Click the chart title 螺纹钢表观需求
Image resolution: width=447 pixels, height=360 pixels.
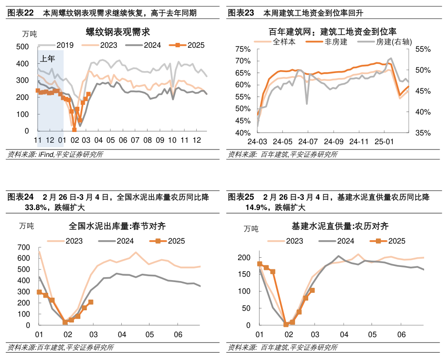[117, 32]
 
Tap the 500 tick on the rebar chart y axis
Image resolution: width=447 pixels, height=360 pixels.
[22, 47]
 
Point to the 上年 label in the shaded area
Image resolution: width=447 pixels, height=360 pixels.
[47, 58]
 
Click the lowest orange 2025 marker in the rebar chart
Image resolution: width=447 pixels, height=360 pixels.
[74, 130]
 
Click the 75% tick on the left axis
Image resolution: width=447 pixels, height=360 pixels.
[242, 49]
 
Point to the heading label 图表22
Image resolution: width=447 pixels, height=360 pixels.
[21, 13]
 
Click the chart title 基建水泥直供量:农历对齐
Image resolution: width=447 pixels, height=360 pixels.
[339, 226]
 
